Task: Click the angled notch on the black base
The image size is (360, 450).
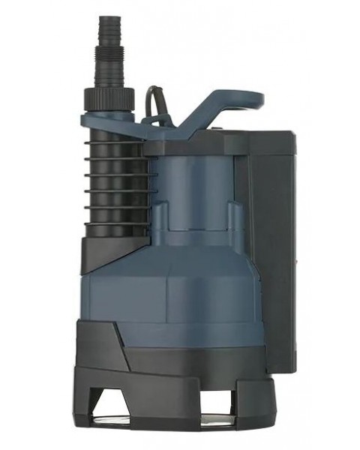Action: tap(120, 345)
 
